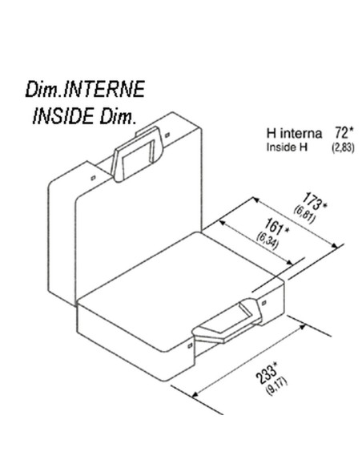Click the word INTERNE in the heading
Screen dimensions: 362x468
[104, 89]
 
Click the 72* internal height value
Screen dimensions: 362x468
[344, 133]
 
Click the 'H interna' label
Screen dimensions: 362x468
[294, 133]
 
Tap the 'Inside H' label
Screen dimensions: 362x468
[287, 147]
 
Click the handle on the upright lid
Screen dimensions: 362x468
[137, 154]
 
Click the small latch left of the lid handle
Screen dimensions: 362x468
[94, 178]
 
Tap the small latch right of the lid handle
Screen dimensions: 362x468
[167, 135]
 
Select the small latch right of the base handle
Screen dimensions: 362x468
[264, 303]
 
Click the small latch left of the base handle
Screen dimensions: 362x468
[190, 345]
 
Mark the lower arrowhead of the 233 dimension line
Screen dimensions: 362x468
[195, 394]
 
